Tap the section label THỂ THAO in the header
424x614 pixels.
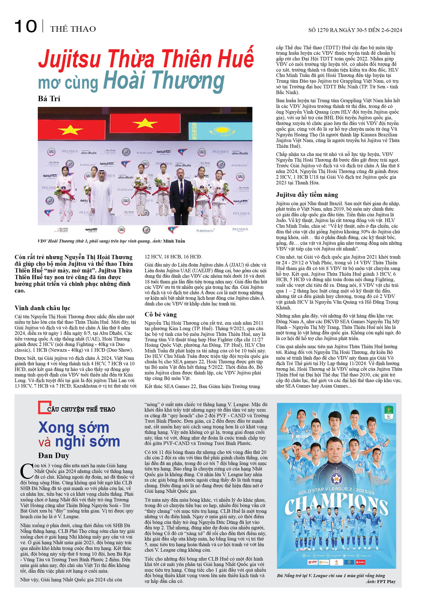pyautogui.click(x=73, y=29)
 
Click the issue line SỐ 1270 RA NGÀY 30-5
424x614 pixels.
pyautogui.click(x=355, y=30)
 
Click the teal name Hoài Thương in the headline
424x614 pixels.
pyautogui.click(x=164, y=81)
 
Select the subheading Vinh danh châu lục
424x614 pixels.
pyautogui.click(x=43, y=308)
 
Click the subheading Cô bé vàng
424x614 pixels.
pyautogui.click(x=160, y=315)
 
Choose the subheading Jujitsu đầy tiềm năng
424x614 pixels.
pyautogui.click(x=307, y=195)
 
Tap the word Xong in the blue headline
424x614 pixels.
pyautogui.click(x=56, y=428)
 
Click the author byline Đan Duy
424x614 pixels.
pyautogui.click(x=54, y=455)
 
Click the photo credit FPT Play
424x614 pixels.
pyautogui.click(x=386, y=582)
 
